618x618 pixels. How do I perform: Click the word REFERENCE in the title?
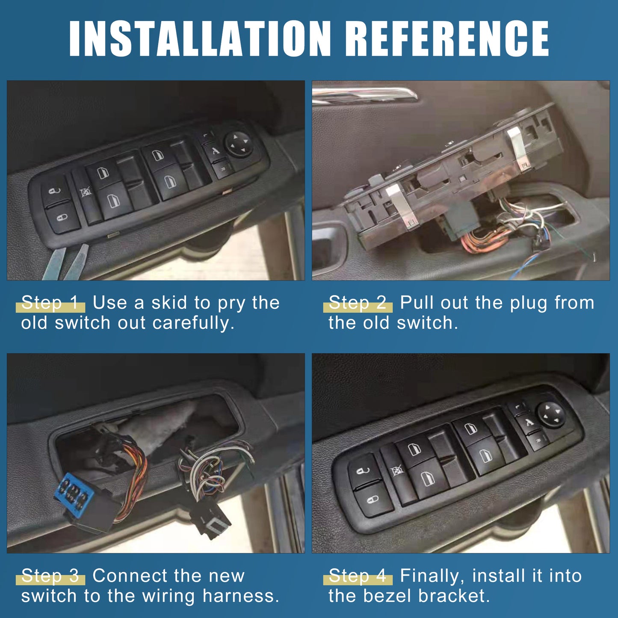[x=447, y=38]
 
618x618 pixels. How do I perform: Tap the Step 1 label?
[x=50, y=302]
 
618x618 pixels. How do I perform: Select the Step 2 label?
[x=358, y=302]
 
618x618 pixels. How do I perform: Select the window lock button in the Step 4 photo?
[x=397, y=472]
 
